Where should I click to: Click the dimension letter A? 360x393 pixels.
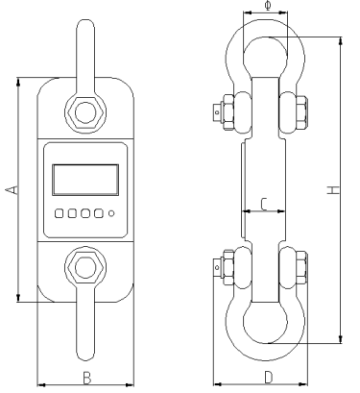[11, 191]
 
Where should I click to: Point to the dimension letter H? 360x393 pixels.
[331, 191]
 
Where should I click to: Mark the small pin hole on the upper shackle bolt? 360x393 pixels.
[217, 111]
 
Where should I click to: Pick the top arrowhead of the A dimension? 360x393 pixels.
[18, 83]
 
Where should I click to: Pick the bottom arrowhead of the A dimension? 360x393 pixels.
[18, 300]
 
